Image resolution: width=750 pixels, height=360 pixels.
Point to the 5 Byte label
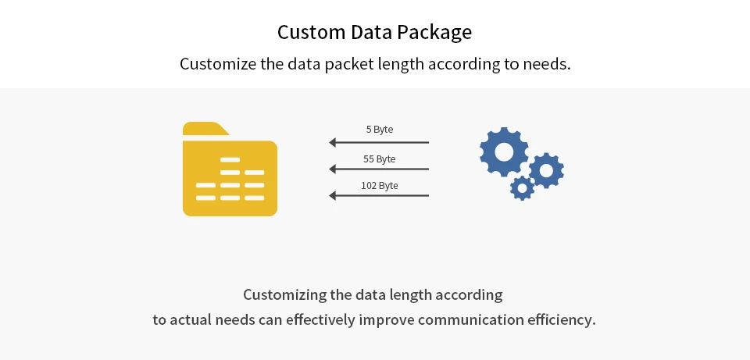coord(380,130)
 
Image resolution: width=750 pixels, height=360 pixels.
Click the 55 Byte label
coord(380,159)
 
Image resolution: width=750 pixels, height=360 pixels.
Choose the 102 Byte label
coord(380,186)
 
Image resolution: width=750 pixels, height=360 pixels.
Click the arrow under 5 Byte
coord(380,142)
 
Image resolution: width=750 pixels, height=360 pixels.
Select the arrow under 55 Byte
coord(380,169)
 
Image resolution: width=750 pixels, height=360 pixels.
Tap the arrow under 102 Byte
coord(380,195)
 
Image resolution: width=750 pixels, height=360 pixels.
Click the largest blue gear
coord(504,151)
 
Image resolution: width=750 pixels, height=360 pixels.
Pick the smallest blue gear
coord(522,187)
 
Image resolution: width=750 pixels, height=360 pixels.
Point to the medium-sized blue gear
coord(546,169)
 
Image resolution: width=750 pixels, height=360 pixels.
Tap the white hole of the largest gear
coord(504,151)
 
